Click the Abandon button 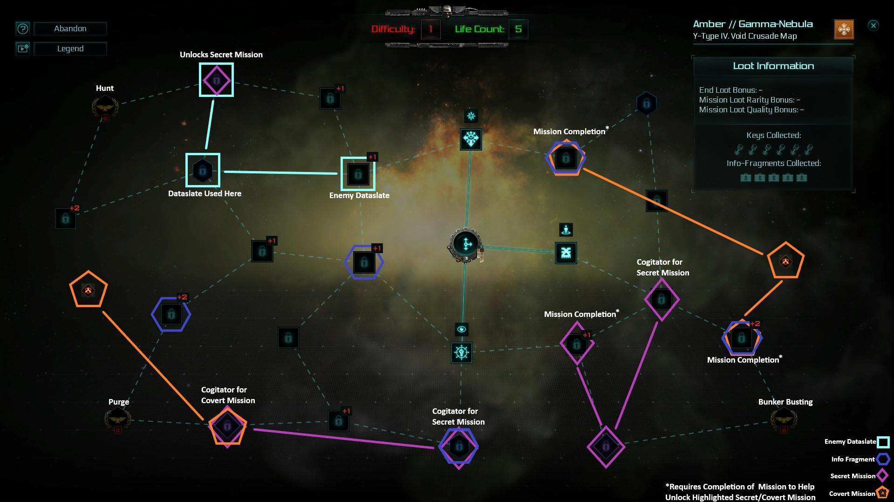pos(70,29)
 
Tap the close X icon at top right pos(874,26)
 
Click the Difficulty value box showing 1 pos(431,29)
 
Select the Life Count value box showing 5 pos(519,29)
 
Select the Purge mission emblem pos(118,419)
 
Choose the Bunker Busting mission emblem pos(784,419)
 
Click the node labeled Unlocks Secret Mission pos(216,80)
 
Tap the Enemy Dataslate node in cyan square pos(358,174)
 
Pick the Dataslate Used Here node pos(203,170)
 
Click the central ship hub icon pos(465,244)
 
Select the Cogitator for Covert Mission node pos(227,426)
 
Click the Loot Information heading pos(773,66)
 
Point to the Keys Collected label pos(774,135)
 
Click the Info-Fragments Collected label pos(774,163)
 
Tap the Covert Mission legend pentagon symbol pos(882,493)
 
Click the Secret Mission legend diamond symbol pos(882,475)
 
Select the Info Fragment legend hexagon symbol pos(883,459)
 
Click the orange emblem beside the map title pos(844,29)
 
